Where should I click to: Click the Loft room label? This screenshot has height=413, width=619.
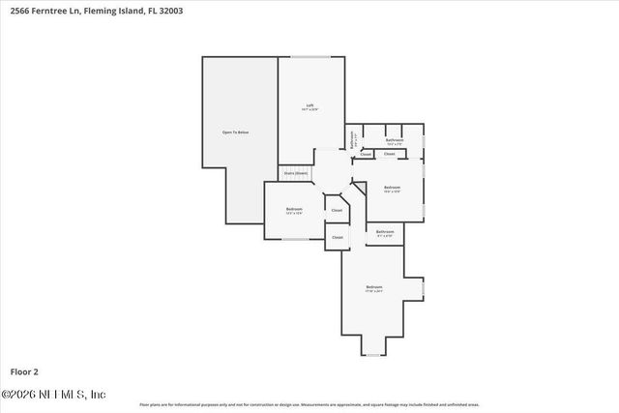(310, 105)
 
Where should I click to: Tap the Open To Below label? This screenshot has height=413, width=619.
(236, 132)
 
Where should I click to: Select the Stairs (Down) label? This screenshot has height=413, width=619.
(295, 173)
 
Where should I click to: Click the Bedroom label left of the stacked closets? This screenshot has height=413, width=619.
(294, 209)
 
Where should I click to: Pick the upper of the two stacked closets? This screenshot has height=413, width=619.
(337, 209)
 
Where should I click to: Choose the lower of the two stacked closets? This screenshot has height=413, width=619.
(337, 237)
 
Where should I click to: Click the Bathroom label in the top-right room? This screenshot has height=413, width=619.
(395, 140)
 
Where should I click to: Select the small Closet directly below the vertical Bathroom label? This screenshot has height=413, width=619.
(366, 154)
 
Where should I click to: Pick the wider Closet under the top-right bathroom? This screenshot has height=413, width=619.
(390, 154)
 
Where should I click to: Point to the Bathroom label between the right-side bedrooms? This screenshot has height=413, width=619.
(385, 232)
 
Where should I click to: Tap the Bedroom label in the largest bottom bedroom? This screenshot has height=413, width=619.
(373, 287)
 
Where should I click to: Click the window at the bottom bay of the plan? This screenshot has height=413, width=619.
(373, 355)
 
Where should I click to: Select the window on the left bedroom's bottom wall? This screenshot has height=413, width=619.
(295, 239)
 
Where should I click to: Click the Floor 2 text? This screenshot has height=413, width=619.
(24, 371)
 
